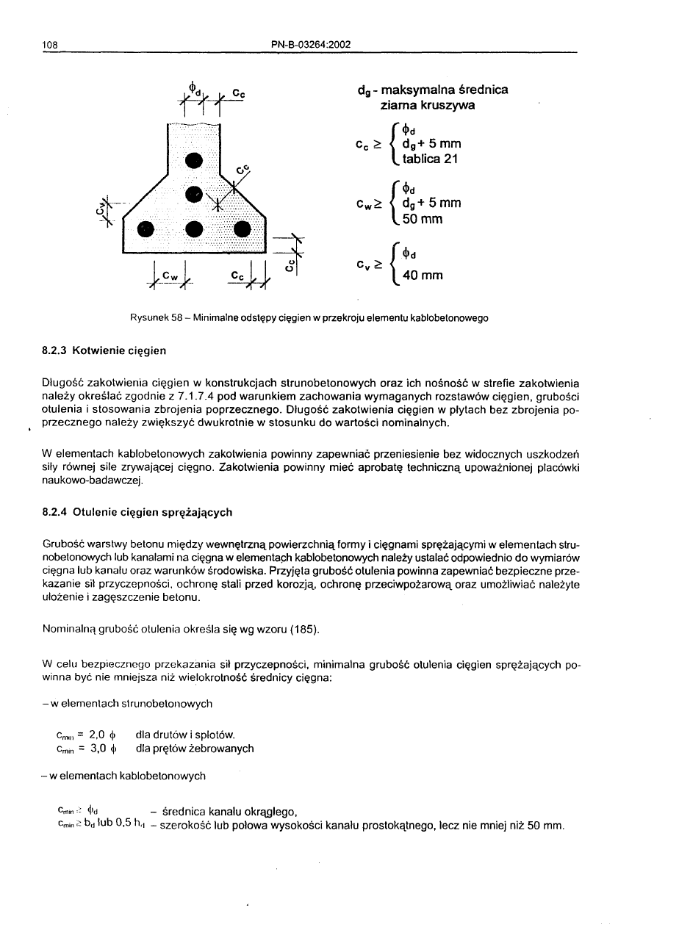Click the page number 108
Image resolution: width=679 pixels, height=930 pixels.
(x=50, y=44)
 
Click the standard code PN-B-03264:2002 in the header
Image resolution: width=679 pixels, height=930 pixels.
(x=310, y=44)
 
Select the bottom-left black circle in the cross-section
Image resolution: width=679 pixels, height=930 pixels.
(x=147, y=228)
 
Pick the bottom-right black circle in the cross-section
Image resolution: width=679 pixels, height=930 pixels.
(x=243, y=228)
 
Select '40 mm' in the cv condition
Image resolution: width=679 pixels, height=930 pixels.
(x=424, y=276)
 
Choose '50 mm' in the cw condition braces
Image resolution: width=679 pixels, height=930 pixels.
(x=423, y=218)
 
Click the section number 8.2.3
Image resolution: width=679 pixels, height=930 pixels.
(x=57, y=350)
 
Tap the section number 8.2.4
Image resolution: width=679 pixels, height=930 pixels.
(x=57, y=512)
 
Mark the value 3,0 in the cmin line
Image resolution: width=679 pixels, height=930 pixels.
(x=98, y=749)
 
